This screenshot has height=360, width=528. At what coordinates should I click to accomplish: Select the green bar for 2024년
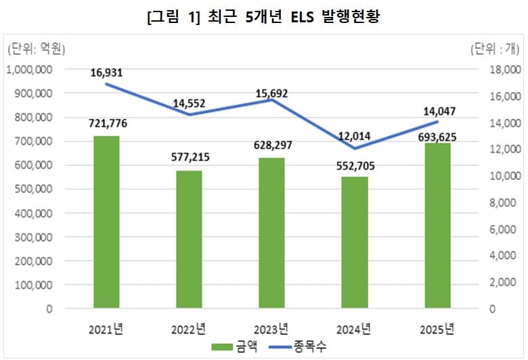pos(354,242)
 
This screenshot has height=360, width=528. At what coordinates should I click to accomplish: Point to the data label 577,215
pos(189,158)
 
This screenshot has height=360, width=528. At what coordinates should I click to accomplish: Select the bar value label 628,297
pos(271,145)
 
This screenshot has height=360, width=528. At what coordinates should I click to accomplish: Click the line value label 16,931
pos(106,72)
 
